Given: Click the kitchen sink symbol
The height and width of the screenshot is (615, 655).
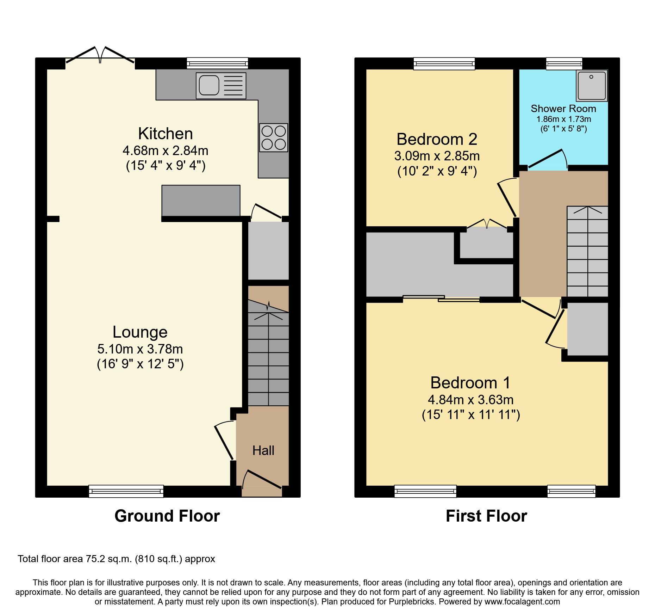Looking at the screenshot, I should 221,86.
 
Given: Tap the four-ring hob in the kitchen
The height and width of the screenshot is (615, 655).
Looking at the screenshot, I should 274,138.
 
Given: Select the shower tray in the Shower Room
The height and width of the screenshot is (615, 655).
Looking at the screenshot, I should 592,86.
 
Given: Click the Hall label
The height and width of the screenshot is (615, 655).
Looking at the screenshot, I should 263,451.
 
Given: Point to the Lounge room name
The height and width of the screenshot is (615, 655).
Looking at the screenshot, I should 140,332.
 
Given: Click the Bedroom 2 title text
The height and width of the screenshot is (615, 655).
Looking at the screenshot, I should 437,139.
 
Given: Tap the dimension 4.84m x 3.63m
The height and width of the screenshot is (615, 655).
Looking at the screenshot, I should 470,400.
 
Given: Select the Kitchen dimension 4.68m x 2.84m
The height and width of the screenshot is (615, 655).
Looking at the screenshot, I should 165,151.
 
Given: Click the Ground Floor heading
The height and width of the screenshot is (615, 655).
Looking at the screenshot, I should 167,516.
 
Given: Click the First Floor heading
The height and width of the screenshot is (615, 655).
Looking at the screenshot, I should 486,516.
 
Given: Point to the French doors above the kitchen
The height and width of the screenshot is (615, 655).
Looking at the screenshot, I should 100,56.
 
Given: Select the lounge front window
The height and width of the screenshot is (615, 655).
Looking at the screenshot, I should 126,491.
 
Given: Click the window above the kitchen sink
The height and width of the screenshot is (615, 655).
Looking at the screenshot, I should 217,63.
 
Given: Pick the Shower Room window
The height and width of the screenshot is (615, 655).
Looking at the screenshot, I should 564,63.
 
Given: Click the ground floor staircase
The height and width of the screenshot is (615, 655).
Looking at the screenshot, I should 268,356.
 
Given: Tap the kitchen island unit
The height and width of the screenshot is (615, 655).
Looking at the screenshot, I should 201,200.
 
